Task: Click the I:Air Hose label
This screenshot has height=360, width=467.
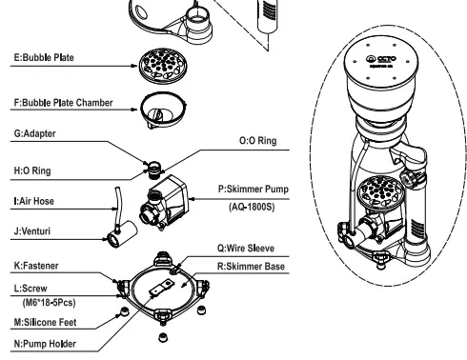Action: click(x=30, y=202)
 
